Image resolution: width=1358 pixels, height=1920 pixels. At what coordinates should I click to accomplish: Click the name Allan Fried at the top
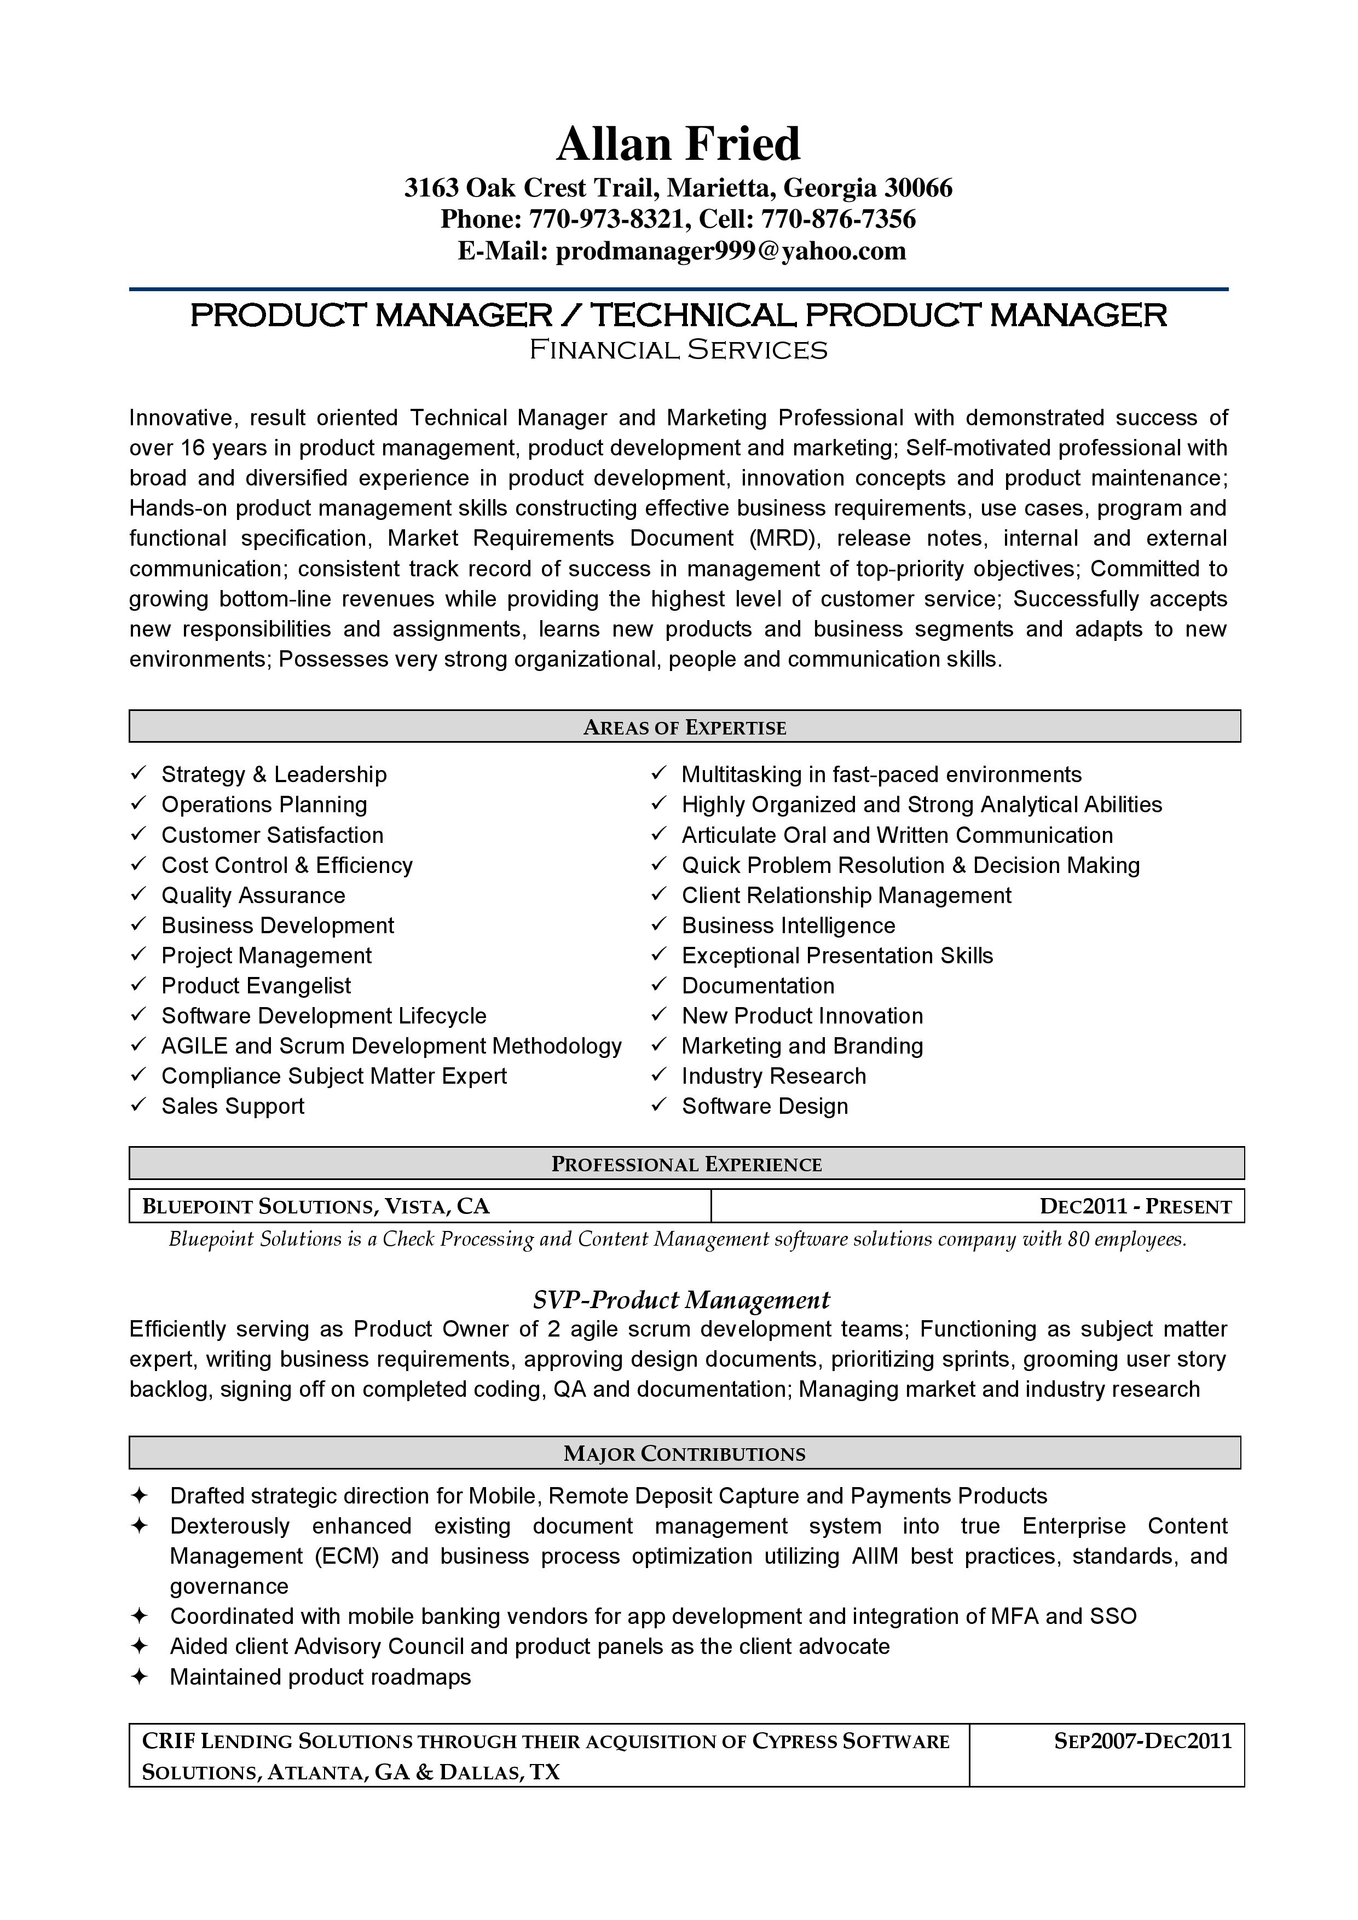point(678,144)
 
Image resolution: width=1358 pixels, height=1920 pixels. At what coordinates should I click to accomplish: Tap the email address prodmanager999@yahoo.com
point(731,251)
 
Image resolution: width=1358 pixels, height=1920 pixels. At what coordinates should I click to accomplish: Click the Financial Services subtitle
point(678,350)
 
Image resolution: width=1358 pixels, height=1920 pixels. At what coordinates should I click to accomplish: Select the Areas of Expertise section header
point(684,727)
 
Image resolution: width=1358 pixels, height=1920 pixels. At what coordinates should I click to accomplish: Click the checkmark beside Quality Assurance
point(138,895)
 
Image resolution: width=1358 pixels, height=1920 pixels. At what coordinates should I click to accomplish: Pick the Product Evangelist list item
point(256,985)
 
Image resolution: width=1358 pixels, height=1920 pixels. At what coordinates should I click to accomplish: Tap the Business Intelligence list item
point(788,925)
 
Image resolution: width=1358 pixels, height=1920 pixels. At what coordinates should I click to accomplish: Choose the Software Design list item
point(764,1106)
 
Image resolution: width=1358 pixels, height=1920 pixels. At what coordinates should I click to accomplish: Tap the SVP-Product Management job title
point(681,1299)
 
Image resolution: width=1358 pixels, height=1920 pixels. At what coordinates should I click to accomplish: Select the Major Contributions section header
point(684,1453)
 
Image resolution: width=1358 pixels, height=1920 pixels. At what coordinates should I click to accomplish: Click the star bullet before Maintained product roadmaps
point(140,1676)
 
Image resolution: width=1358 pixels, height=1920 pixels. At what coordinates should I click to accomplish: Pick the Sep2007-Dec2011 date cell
point(1142,1741)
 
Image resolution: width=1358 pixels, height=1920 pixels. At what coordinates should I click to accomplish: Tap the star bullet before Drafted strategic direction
point(140,1495)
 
